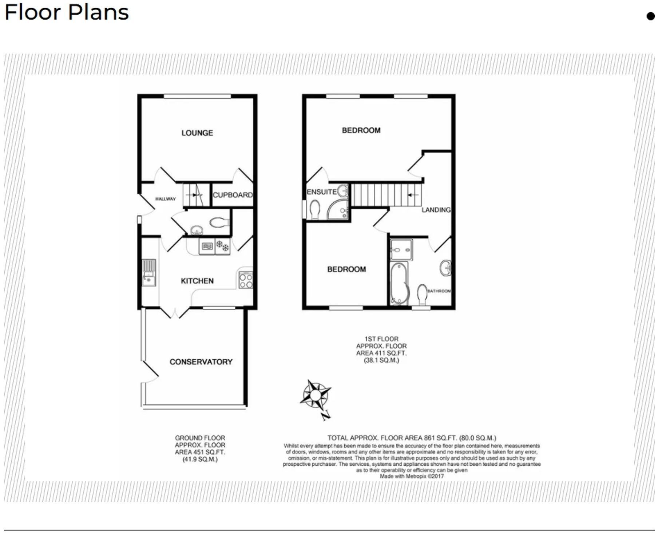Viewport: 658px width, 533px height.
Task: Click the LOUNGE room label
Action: [197, 133]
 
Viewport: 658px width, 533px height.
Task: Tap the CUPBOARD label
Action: [233, 195]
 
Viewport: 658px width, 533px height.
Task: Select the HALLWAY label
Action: [165, 199]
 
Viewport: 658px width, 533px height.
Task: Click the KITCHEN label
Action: [197, 281]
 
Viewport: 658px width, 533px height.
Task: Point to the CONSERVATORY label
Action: [201, 362]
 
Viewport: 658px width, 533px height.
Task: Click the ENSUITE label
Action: [321, 192]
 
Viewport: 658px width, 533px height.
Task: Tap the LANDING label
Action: [436, 210]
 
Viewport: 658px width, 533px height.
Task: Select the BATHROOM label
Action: [439, 291]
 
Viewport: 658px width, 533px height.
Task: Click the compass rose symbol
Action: [316, 395]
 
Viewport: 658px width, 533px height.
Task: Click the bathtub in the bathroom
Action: [399, 283]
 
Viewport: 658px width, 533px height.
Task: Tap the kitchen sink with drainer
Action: [148, 273]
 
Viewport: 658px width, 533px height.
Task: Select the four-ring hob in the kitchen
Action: [246, 280]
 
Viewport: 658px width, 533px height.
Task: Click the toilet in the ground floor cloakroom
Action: [219, 222]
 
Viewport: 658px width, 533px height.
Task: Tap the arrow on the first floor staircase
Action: [412, 195]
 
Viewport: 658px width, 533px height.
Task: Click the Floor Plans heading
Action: [67, 12]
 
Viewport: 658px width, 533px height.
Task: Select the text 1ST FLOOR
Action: [381, 339]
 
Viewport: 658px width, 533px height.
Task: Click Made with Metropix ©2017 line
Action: [412, 476]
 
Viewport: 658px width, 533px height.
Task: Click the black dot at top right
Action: [650, 16]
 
